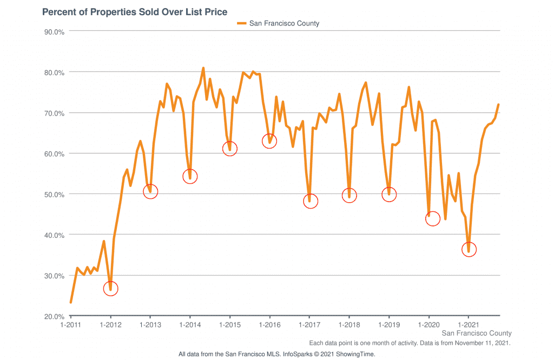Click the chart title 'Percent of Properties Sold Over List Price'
135,11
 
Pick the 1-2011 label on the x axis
71,324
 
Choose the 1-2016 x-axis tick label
269,324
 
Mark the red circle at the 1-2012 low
110,289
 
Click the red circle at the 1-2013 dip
150,191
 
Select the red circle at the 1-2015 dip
229,149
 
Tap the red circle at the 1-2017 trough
309,201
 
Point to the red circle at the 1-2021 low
469,249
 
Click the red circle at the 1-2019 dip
389,194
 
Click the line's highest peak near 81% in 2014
203,68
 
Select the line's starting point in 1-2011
71,302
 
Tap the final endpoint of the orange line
498,104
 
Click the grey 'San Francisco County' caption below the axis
477,333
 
